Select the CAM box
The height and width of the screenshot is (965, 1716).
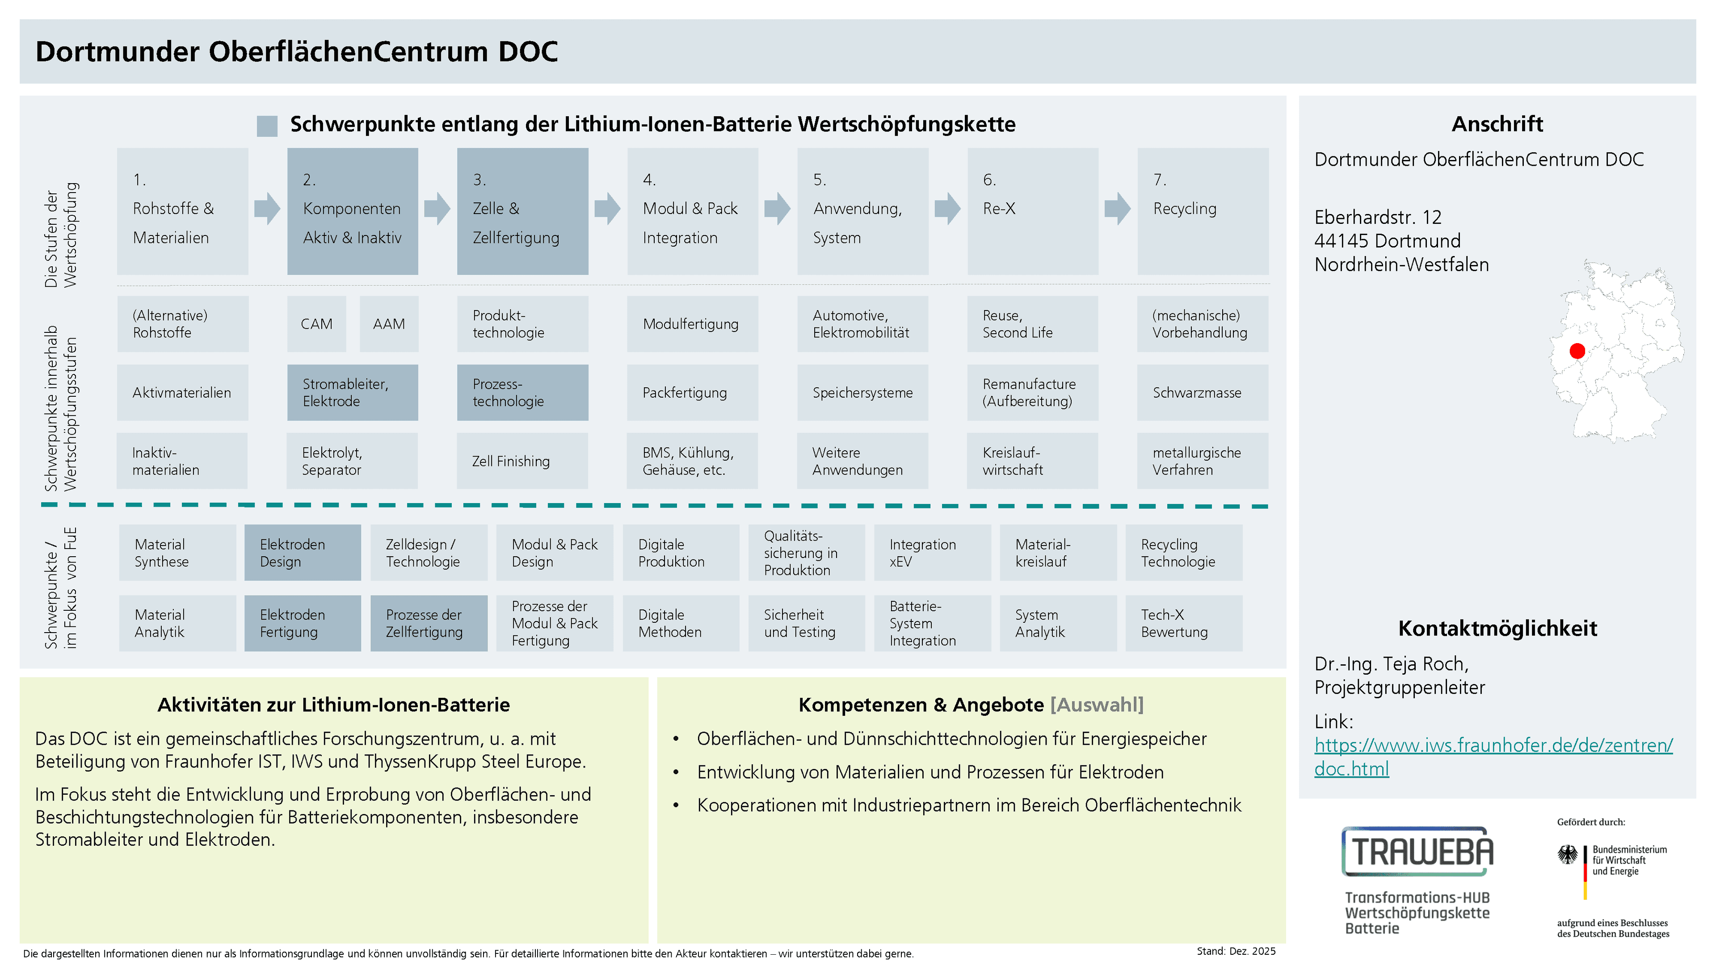coord(316,323)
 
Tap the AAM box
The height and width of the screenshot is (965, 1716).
coord(389,323)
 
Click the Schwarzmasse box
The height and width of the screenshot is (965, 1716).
coord(1203,392)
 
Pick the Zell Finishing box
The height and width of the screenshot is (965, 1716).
coord(522,461)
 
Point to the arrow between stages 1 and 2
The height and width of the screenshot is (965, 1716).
coord(267,209)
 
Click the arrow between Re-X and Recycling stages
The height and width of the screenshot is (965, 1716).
coord(1117,209)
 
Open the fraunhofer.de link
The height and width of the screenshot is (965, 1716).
coord(1493,756)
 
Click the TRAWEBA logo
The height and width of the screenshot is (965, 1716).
coord(1417,851)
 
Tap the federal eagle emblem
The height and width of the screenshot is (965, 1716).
coord(1568,855)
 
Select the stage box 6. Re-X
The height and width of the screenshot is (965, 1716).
coord(1033,211)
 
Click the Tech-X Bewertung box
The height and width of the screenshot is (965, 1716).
coord(1184,623)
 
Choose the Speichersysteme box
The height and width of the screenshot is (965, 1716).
coord(862,392)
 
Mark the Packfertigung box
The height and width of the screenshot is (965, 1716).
coord(692,392)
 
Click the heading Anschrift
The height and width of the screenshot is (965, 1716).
coord(1497,124)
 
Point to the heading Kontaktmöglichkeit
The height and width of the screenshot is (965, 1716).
coord(1497,628)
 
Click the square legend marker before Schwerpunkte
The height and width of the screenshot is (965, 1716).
coord(267,126)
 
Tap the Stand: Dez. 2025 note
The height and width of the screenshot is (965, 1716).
coord(1236,951)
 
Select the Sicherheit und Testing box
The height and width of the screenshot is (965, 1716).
coord(806,623)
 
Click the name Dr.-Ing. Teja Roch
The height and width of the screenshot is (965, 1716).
coord(1391,664)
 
